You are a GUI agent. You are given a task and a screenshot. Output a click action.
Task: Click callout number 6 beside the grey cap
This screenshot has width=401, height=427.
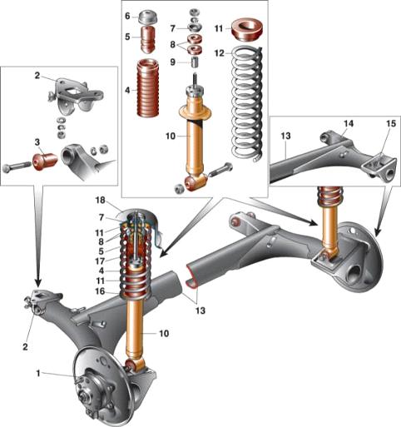pos(127,16)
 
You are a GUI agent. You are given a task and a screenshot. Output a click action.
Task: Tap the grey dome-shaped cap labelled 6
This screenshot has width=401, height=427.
pos(148,18)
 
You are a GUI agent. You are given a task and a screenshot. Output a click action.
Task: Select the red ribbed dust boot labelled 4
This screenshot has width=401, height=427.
pos(148,87)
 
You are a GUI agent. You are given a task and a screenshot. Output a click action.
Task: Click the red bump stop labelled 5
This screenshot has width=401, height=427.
pos(148,39)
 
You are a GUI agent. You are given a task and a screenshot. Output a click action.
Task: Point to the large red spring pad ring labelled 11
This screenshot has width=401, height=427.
pos(247,29)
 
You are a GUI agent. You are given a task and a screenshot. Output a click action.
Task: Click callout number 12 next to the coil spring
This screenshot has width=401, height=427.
pos(220,53)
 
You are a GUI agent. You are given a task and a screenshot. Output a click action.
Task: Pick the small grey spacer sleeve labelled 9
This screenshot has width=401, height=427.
pos(196,62)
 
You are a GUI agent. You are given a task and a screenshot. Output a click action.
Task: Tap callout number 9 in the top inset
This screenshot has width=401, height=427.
pos(172,62)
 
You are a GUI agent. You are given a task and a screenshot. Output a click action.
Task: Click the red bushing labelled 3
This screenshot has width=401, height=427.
pos(45,161)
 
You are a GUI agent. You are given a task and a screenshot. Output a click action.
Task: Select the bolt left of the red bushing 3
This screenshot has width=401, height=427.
pos(17,167)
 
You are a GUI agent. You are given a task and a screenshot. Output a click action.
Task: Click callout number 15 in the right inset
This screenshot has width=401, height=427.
pos(391,123)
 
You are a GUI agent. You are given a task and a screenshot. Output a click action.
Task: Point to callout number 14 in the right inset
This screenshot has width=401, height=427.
pos(349,123)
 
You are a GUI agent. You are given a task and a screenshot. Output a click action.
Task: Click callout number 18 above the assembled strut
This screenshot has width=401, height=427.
pos(101,200)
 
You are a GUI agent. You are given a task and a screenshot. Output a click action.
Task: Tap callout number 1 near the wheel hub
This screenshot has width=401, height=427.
pos(38,374)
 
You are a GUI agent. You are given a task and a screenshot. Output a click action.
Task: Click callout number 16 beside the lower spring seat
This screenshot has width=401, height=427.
pos(101,291)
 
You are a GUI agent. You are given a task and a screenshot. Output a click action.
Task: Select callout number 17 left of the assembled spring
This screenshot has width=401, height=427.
pos(101,261)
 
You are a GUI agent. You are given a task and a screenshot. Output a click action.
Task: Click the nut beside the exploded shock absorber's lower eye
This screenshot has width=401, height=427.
pos(179,189)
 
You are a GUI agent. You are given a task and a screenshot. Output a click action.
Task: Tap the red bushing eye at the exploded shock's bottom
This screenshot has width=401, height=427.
pos(195,183)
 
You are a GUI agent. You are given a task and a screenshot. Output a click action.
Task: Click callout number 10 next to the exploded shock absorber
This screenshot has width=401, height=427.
pos(171,137)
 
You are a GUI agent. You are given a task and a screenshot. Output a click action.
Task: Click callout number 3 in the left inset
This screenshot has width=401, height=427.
pos(37,142)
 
